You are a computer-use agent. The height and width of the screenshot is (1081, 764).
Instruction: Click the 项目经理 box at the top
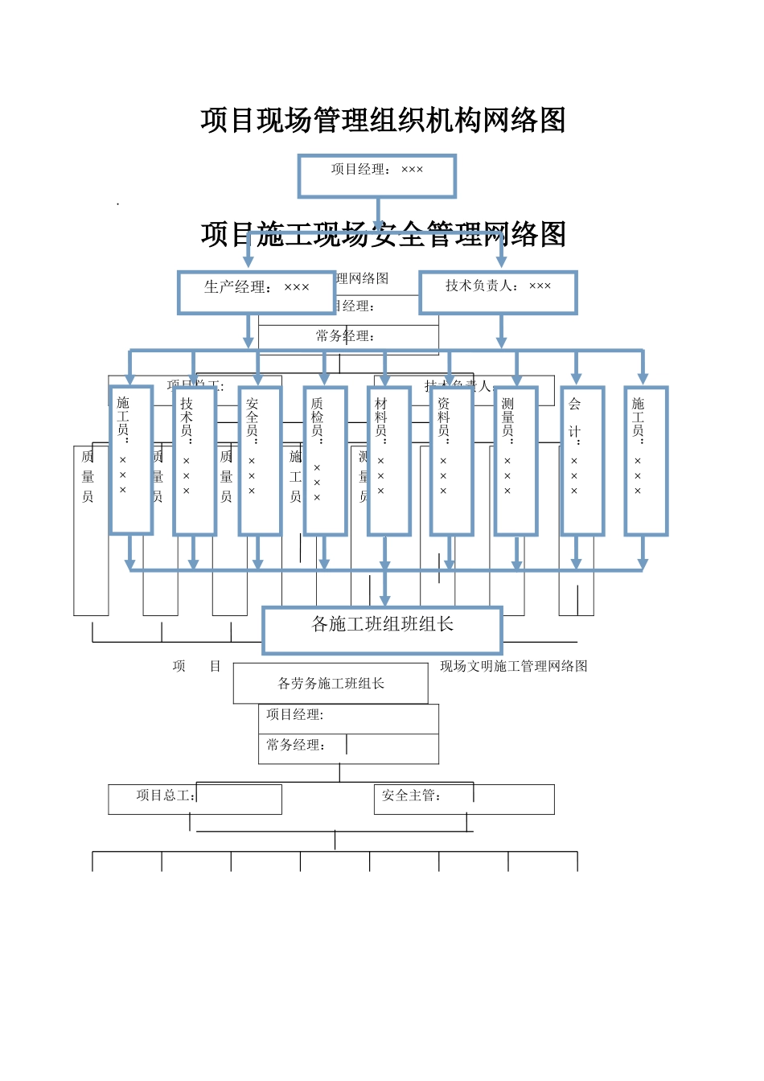coord(376,175)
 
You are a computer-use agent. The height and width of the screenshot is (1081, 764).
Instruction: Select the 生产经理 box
coord(256,292)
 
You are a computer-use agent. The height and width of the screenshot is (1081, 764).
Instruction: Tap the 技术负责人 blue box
coord(498,292)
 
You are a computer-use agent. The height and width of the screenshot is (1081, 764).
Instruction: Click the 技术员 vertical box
coord(195,460)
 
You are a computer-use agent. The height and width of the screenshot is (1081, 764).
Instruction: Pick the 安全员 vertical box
coord(260,460)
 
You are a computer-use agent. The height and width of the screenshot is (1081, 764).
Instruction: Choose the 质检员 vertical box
coord(325,460)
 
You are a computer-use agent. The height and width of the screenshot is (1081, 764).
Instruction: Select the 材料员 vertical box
coord(389,460)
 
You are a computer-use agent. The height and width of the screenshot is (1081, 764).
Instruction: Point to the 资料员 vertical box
coord(451,460)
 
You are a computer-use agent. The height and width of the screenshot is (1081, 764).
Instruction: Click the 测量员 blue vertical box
coord(515,460)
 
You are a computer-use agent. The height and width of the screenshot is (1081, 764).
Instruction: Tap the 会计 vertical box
coord(582,460)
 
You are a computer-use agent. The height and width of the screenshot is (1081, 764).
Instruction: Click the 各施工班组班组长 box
coord(382,630)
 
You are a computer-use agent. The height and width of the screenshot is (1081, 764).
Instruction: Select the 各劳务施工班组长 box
coord(331,684)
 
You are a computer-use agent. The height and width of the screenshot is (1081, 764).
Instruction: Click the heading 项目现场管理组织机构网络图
coord(383,121)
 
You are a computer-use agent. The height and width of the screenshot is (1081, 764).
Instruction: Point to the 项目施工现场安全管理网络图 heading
coord(383,235)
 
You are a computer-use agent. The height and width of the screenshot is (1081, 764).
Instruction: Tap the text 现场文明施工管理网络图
coord(513,666)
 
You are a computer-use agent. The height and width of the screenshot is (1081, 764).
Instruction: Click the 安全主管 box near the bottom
coord(464,799)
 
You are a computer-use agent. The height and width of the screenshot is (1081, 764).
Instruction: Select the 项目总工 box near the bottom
coord(195,799)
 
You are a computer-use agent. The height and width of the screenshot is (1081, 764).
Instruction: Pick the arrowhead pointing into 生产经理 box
coord(249,261)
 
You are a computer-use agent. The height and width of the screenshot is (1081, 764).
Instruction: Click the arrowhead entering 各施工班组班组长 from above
coord(384,599)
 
